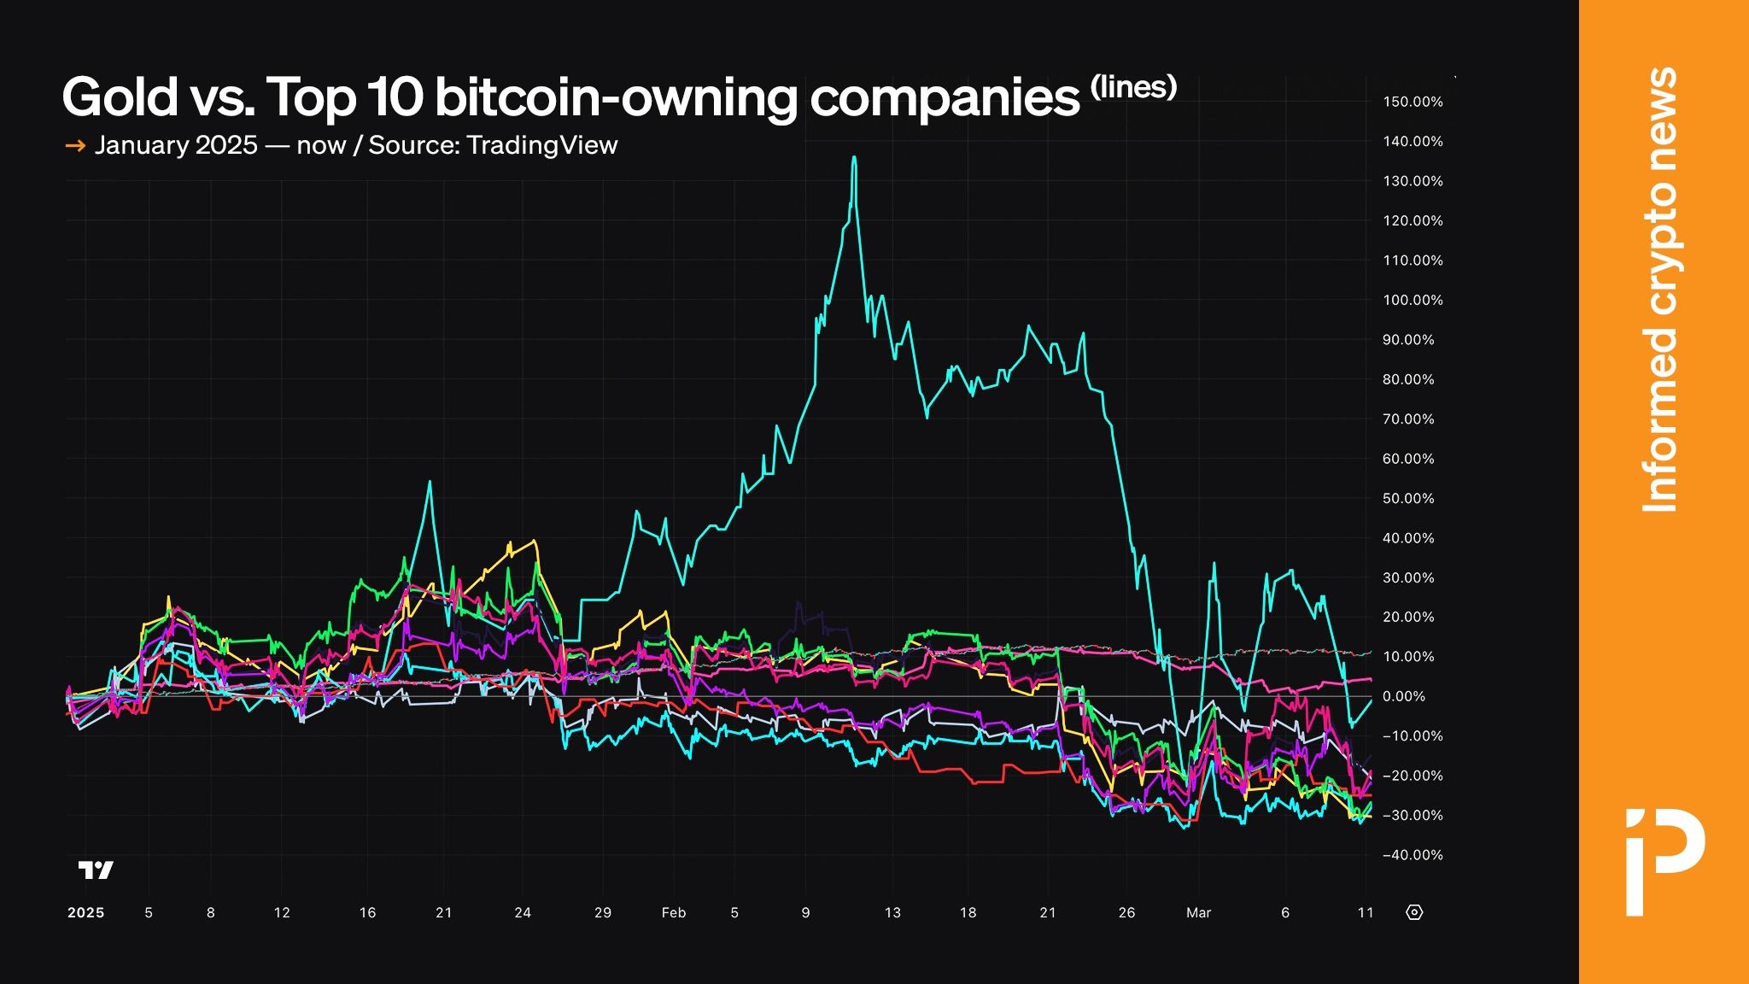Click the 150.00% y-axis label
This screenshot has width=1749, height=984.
tap(1413, 102)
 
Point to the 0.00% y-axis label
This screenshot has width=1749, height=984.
tap(1404, 696)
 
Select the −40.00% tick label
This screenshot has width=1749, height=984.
tap(1413, 855)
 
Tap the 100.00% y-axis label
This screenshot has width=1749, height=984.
tap(1413, 300)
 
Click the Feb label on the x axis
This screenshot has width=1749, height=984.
tap(674, 912)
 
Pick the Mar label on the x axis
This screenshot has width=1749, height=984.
tap(1198, 912)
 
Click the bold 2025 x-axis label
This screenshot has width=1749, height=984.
tap(85, 912)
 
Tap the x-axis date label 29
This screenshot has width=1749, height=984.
tap(603, 912)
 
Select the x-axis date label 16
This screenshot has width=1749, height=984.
tap(367, 912)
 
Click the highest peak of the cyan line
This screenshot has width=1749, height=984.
tap(854, 158)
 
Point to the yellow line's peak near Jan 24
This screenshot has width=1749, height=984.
tap(534, 541)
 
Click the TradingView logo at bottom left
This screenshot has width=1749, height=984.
tap(96, 870)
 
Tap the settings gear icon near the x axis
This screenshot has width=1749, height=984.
tap(1414, 912)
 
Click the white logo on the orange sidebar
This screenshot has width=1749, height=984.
tap(1664, 861)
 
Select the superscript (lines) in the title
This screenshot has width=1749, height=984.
tap(1134, 86)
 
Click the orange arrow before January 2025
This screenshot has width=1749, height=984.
tap(75, 146)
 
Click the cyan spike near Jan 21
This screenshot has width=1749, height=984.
tap(430, 483)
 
